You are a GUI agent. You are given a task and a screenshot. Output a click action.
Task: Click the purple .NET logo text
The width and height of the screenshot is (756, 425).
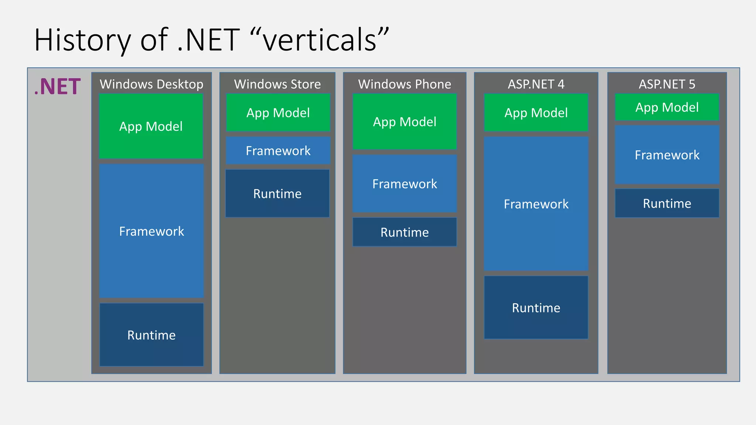pos(57,87)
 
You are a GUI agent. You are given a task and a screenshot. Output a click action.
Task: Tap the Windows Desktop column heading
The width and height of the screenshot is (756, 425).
pos(151,84)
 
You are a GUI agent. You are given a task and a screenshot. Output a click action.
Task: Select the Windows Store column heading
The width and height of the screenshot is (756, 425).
pos(277,84)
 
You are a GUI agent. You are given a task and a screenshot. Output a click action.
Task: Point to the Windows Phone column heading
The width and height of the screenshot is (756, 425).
pos(405,84)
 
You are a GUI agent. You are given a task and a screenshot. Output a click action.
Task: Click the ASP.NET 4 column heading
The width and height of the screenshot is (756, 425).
pos(536,84)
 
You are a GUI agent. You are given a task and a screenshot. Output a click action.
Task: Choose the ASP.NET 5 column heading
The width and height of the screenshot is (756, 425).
pos(667,84)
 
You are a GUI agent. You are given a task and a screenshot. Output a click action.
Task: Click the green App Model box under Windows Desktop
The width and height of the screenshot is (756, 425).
pos(151,126)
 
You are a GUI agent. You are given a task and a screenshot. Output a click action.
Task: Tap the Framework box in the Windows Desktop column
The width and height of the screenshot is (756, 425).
pos(151,231)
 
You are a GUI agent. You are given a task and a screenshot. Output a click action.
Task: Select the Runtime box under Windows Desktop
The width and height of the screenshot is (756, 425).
pos(151,335)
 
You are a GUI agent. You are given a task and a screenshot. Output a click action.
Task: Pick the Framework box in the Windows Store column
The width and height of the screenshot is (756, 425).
pos(278,151)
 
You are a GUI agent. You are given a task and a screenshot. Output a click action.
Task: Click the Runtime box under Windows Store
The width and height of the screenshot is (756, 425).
pos(277,194)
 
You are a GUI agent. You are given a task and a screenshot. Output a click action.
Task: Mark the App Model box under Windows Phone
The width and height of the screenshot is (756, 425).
pos(405,122)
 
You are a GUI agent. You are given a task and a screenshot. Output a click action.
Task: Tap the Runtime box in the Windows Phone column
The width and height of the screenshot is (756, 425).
pos(405,232)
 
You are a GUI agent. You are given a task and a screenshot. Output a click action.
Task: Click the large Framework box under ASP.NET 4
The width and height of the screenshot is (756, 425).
pos(536,204)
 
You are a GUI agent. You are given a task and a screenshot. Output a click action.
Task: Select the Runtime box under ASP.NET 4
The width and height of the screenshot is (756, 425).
pos(536,308)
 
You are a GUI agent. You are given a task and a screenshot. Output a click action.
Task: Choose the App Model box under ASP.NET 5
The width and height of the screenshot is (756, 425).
pos(667,107)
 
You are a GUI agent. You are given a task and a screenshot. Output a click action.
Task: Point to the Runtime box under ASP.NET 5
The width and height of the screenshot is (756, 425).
pos(667,203)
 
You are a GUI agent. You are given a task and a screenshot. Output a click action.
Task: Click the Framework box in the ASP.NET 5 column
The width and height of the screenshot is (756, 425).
pos(667,155)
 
